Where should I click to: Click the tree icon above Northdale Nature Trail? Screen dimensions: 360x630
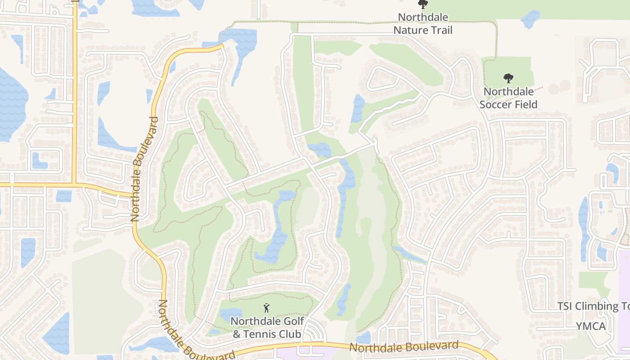pos(422,4)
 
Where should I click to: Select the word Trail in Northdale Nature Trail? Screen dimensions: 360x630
pos(441,30)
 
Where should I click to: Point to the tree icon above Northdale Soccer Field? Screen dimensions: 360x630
pos(508,78)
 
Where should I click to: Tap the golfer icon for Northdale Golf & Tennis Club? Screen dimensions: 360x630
pos(266,308)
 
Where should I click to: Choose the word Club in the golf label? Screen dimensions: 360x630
pos(291,334)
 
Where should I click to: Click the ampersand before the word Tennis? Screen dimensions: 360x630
pos(236,334)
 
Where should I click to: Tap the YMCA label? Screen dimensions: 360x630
pos(591,326)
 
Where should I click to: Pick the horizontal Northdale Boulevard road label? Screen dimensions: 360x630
pos(404,347)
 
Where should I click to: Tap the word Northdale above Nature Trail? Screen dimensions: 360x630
pos(423,18)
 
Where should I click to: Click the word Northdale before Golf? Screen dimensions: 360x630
pos(253,321)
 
